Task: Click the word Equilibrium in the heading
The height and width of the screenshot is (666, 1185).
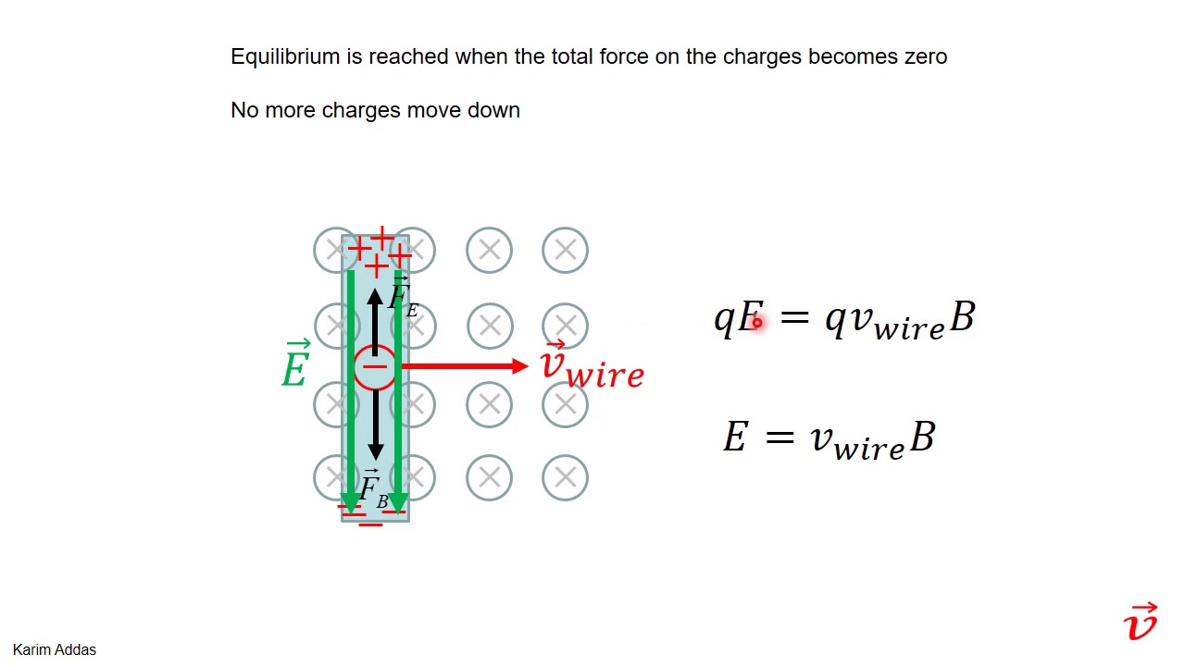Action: coord(285,57)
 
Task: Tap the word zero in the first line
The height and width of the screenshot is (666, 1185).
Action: coord(926,56)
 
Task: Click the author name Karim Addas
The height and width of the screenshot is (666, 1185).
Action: coord(55,649)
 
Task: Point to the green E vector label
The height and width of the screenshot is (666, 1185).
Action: coord(295,364)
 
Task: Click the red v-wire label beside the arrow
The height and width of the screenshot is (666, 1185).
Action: coord(592,365)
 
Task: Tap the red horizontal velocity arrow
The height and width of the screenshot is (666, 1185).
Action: coord(465,365)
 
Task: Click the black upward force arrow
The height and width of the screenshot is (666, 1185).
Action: coord(375,322)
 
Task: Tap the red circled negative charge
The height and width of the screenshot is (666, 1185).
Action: coord(375,368)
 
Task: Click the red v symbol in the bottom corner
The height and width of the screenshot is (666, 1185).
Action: coord(1141,622)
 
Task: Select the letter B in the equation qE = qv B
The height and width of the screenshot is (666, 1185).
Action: coord(962,317)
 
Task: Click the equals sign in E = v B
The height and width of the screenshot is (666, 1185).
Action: coord(780,438)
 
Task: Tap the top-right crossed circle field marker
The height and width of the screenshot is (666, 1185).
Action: coord(565,250)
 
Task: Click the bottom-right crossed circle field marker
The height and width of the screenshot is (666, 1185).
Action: coord(565,478)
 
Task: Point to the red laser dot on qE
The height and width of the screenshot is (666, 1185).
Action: coord(757,322)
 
